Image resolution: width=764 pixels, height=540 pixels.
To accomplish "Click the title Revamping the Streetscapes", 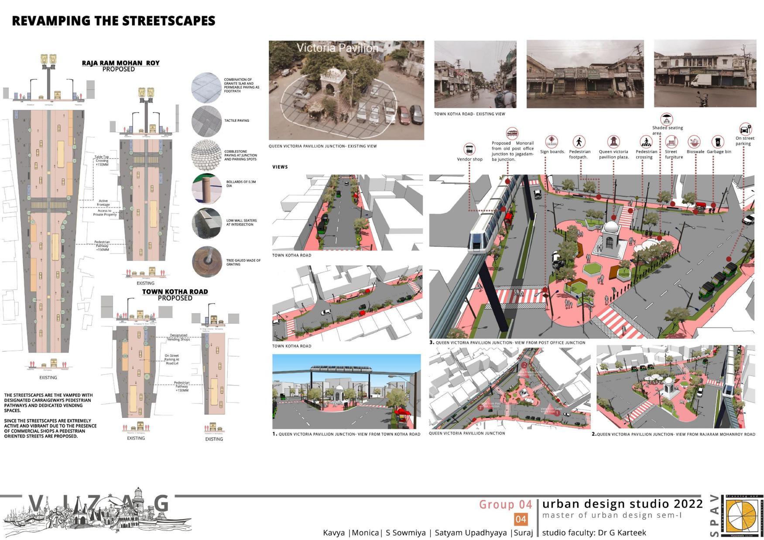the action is [113, 21].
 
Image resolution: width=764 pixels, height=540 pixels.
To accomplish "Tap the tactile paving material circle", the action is [207, 120].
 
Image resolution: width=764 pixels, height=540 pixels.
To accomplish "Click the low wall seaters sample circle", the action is [207, 222].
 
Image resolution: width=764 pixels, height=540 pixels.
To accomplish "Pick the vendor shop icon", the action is [469, 149].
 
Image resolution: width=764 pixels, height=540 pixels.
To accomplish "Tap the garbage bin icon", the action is [716, 142].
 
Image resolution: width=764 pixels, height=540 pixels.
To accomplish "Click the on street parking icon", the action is [744, 129].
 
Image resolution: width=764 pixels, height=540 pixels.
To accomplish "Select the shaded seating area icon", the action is [666, 119].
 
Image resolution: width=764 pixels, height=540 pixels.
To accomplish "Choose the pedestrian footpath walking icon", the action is [579, 142].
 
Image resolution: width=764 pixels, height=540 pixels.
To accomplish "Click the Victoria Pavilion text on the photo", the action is [337, 48].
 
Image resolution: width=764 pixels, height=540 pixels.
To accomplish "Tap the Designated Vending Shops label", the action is [178, 337].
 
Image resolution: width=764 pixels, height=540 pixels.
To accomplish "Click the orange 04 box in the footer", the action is [521, 519].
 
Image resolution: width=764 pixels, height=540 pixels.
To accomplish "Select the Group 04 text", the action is [505, 505].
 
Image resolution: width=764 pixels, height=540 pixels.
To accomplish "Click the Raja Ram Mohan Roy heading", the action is [120, 63].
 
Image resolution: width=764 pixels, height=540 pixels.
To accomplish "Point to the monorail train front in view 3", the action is [479, 242].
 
